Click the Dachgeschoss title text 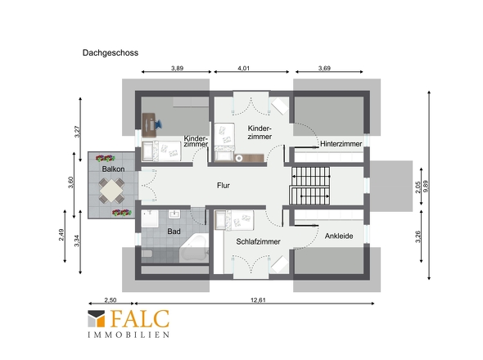(x=111, y=52)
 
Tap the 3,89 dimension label (x=177, y=68)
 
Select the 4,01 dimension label (x=243, y=68)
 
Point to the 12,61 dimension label (x=258, y=300)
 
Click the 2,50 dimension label (x=111, y=300)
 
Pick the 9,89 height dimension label (x=426, y=186)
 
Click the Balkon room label (x=113, y=169)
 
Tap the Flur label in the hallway (x=223, y=186)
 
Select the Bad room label (x=174, y=232)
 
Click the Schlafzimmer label (x=258, y=241)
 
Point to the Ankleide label (x=339, y=236)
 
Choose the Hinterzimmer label (x=341, y=144)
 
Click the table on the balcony (x=111, y=191)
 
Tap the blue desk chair (x=158, y=124)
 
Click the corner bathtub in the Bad (x=195, y=249)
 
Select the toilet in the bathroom (x=147, y=254)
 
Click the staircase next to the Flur (x=310, y=186)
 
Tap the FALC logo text (x=140, y=319)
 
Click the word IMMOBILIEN (x=129, y=335)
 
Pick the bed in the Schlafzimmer (x=234, y=220)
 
